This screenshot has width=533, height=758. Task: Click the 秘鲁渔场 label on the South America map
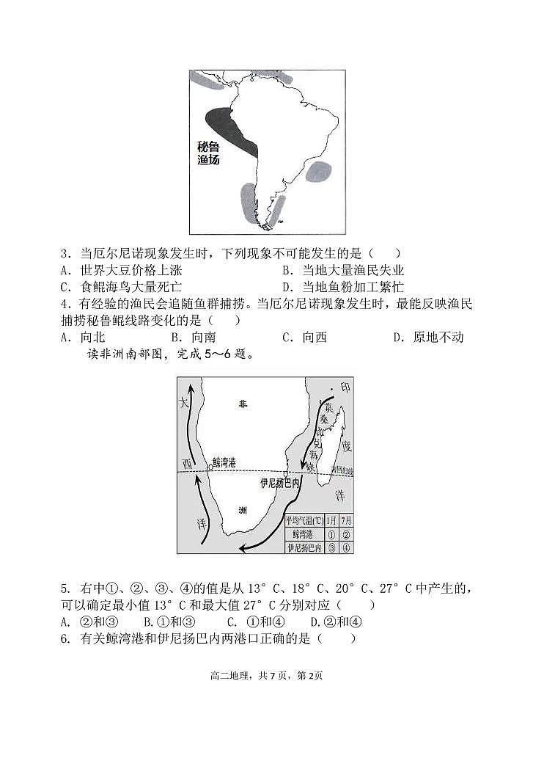(208, 153)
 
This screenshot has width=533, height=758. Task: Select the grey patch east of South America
(319, 172)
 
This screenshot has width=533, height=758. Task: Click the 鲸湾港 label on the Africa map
(224, 462)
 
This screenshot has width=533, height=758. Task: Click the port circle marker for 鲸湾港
(210, 467)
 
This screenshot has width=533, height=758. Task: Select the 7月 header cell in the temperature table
(345, 520)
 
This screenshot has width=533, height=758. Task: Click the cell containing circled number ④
(345, 547)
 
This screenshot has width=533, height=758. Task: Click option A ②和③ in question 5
(83, 622)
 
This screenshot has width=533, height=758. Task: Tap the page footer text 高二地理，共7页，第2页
(266, 675)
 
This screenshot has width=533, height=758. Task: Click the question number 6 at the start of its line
(66, 639)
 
